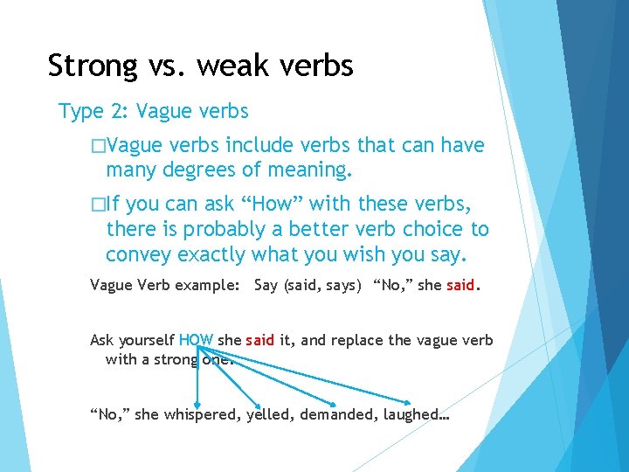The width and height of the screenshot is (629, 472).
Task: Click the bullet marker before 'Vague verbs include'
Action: tap(96, 145)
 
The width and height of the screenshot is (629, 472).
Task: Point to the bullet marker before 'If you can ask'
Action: tap(96, 205)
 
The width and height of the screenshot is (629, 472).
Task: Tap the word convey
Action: tap(138, 254)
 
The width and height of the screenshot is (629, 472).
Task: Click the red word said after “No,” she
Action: tap(460, 286)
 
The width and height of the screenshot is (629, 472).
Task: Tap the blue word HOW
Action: tap(196, 340)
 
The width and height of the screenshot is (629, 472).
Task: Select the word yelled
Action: tap(269, 415)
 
